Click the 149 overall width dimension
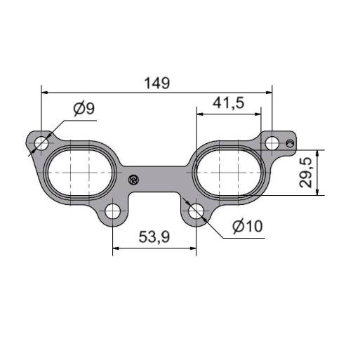157,83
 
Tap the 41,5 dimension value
228,103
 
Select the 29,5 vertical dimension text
306,173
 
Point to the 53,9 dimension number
154,236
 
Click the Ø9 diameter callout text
84,108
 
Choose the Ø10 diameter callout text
248,226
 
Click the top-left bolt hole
41,142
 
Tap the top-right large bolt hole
272,143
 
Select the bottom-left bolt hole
112,211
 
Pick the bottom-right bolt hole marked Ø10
196,211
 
